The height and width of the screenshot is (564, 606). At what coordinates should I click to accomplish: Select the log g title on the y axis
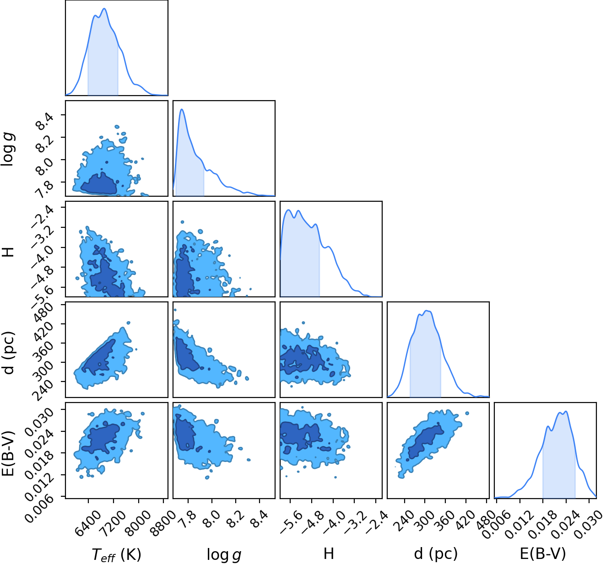[8, 150]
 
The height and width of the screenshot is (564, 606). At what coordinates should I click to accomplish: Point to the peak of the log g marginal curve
[182, 109]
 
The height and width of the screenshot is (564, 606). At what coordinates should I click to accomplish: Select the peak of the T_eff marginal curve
[104, 8]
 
